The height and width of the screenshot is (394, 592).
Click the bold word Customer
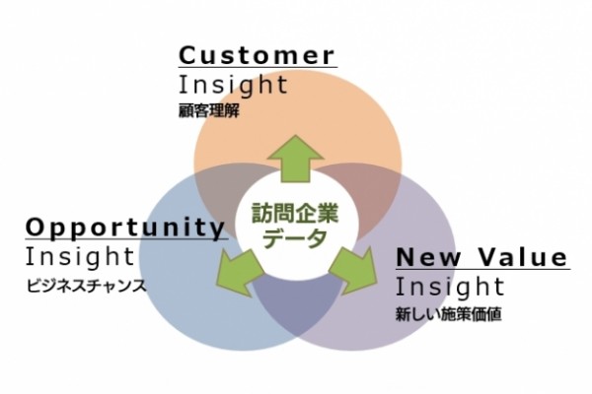257,55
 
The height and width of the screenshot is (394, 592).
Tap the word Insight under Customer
233,86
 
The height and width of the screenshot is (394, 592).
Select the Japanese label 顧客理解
209,111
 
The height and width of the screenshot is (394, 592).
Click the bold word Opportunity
125,228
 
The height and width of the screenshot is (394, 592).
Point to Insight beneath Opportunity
80,257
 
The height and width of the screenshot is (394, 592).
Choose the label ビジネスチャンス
86,286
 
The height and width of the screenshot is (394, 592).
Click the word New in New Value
429,257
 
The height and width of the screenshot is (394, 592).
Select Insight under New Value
450,288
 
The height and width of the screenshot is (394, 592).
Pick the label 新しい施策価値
449,314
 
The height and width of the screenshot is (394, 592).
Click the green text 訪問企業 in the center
295,214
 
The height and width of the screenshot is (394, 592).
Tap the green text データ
295,238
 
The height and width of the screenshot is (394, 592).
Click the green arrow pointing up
296,159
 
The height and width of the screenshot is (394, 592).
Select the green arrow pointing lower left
239,272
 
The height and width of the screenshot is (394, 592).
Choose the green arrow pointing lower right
353,270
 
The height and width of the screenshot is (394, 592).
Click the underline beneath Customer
258,68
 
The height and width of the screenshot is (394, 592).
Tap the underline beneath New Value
483,269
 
